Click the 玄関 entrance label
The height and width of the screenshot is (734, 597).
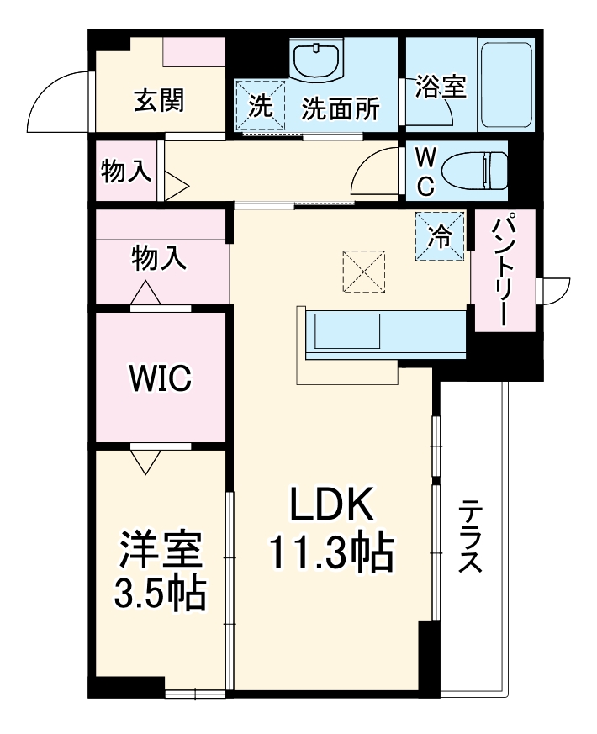pos(160,101)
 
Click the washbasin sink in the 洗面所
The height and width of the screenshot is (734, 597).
pos(316,60)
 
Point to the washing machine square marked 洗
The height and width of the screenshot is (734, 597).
pos(260,106)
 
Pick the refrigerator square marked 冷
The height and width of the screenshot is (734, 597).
pos(439,236)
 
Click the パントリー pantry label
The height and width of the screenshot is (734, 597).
pos(502,269)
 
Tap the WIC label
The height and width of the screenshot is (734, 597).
pos(160,378)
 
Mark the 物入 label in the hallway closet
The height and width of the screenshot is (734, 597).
pos(126,172)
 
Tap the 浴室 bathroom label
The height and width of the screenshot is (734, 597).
pos(441,87)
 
